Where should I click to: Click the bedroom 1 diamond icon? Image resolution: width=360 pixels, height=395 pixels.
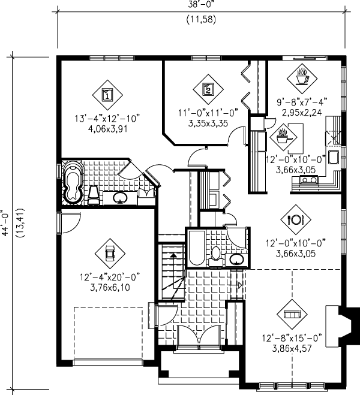click(x=107, y=95)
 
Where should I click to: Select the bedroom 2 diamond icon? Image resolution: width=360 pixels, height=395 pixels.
click(x=208, y=89)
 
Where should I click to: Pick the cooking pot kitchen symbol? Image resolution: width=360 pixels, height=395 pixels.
click(x=283, y=137)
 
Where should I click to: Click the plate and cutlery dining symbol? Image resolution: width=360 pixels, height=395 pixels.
click(x=296, y=219)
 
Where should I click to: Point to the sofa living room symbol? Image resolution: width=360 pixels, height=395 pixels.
click(x=292, y=315)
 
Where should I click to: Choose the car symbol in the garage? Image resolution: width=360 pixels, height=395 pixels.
click(x=110, y=254)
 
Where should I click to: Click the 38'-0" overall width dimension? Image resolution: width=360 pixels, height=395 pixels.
click(x=201, y=4)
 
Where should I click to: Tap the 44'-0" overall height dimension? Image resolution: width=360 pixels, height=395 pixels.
click(x=5, y=223)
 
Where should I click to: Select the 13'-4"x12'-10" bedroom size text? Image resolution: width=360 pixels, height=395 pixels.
click(x=107, y=118)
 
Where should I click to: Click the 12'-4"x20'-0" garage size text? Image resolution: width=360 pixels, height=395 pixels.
click(x=110, y=277)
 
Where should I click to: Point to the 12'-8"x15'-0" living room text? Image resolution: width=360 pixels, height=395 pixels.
click(x=292, y=338)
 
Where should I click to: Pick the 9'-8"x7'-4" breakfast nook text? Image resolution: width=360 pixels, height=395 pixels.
click(x=302, y=102)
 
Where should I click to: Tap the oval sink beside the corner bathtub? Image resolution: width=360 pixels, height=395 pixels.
click(x=120, y=198)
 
